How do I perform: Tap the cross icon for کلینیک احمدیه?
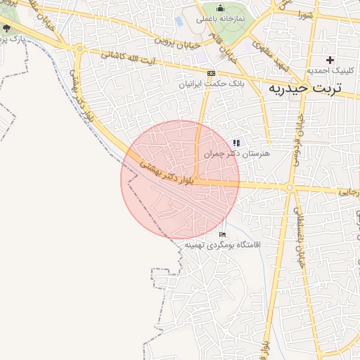[330, 60]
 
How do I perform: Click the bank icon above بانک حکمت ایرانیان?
[210, 72]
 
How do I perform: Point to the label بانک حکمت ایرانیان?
[211, 83]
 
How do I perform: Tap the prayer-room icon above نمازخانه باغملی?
[219, 9]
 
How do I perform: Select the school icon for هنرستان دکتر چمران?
[236, 142]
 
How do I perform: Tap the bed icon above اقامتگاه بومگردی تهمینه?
[223, 234]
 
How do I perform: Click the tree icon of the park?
[7, 28]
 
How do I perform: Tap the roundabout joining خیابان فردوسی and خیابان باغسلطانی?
[289, 188]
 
